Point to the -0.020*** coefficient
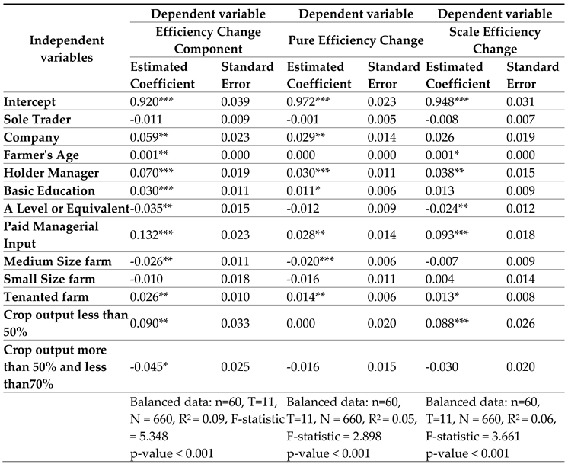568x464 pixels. click(x=311, y=261)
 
